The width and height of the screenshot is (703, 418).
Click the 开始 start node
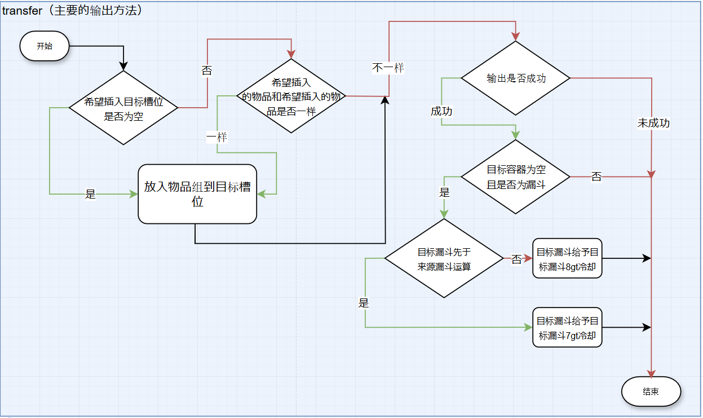[x=45, y=46]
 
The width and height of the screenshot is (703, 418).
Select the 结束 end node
[x=651, y=391]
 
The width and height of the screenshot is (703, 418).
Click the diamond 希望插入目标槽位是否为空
[x=123, y=108]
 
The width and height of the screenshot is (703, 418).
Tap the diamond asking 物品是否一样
[x=290, y=96]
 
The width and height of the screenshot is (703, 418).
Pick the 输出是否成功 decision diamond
[x=516, y=78]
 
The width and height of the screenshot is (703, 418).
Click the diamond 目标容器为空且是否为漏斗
[x=516, y=177]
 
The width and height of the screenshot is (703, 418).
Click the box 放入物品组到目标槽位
[x=197, y=194]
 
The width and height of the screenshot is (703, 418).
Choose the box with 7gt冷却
[x=567, y=328]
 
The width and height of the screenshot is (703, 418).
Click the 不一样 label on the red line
[x=388, y=68]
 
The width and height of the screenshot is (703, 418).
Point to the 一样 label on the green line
[x=217, y=137]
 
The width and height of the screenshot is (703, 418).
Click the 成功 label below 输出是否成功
[x=441, y=111]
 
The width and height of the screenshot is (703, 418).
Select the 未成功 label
[x=653, y=122]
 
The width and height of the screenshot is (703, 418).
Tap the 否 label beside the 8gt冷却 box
[x=516, y=259]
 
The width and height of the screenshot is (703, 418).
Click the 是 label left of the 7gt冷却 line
[x=364, y=303]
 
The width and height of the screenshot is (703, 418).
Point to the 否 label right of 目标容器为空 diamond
[x=596, y=177]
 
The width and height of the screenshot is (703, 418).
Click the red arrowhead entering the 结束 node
[x=652, y=375]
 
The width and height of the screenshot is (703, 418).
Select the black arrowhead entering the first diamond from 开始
[x=123, y=67]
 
